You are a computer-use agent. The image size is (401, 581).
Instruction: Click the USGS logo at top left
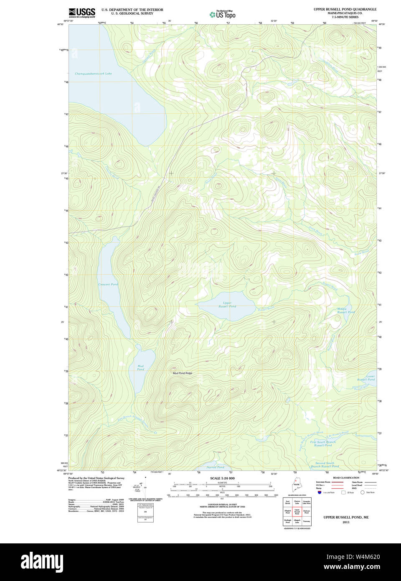[82, 13]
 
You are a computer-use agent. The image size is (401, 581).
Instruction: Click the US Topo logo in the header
[223, 14]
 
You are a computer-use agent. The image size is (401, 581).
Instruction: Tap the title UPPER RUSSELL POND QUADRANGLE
[345, 9]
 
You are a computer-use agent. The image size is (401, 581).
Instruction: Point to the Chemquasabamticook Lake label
[93, 74]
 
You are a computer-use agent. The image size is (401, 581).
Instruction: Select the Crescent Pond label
[108, 284]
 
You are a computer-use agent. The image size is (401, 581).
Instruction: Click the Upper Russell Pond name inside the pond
[227, 305]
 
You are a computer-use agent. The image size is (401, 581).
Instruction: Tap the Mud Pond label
[141, 368]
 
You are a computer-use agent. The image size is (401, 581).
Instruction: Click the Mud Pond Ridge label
[183, 373]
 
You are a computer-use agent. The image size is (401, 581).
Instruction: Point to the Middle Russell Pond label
[346, 311]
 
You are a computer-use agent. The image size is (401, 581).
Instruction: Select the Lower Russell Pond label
[366, 378]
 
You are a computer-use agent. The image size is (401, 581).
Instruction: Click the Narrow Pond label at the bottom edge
[216, 467]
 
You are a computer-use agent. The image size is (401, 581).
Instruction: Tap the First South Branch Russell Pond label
[323, 443]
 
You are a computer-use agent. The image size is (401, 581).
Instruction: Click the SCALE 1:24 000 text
[222, 478]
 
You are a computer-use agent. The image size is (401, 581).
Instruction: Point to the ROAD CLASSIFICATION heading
[346, 478]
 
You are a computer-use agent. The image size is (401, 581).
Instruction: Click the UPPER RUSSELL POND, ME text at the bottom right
[346, 517]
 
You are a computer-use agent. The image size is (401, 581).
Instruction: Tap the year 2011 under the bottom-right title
[346, 522]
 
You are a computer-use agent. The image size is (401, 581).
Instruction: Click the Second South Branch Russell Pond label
[325, 464]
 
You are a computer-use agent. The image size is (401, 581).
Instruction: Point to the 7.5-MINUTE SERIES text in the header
[345, 17]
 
